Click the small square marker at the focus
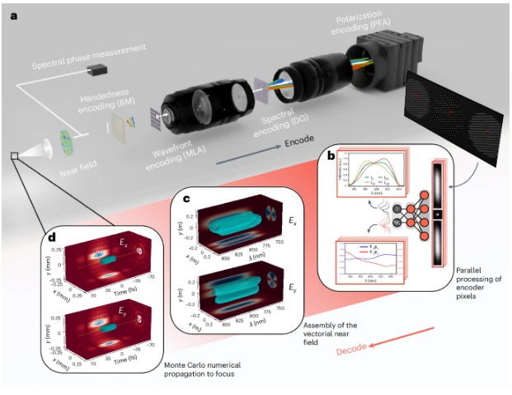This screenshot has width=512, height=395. (x=14, y=154)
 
